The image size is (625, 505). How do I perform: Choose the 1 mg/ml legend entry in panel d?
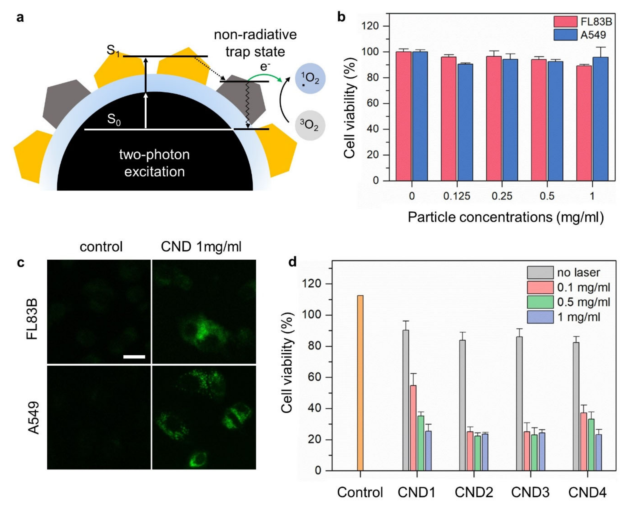tap(578, 317)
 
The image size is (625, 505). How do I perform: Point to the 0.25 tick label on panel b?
tap(502, 196)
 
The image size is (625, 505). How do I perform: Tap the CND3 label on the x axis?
tap(530, 492)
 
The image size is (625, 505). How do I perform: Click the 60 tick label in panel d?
tap(315, 377)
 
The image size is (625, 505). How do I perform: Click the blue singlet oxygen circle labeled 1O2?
tap(310, 79)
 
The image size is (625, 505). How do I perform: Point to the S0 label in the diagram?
tap(114, 119)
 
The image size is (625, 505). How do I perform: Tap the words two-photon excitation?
tap(154, 163)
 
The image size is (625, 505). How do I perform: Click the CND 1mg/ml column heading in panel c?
tap(201, 247)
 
